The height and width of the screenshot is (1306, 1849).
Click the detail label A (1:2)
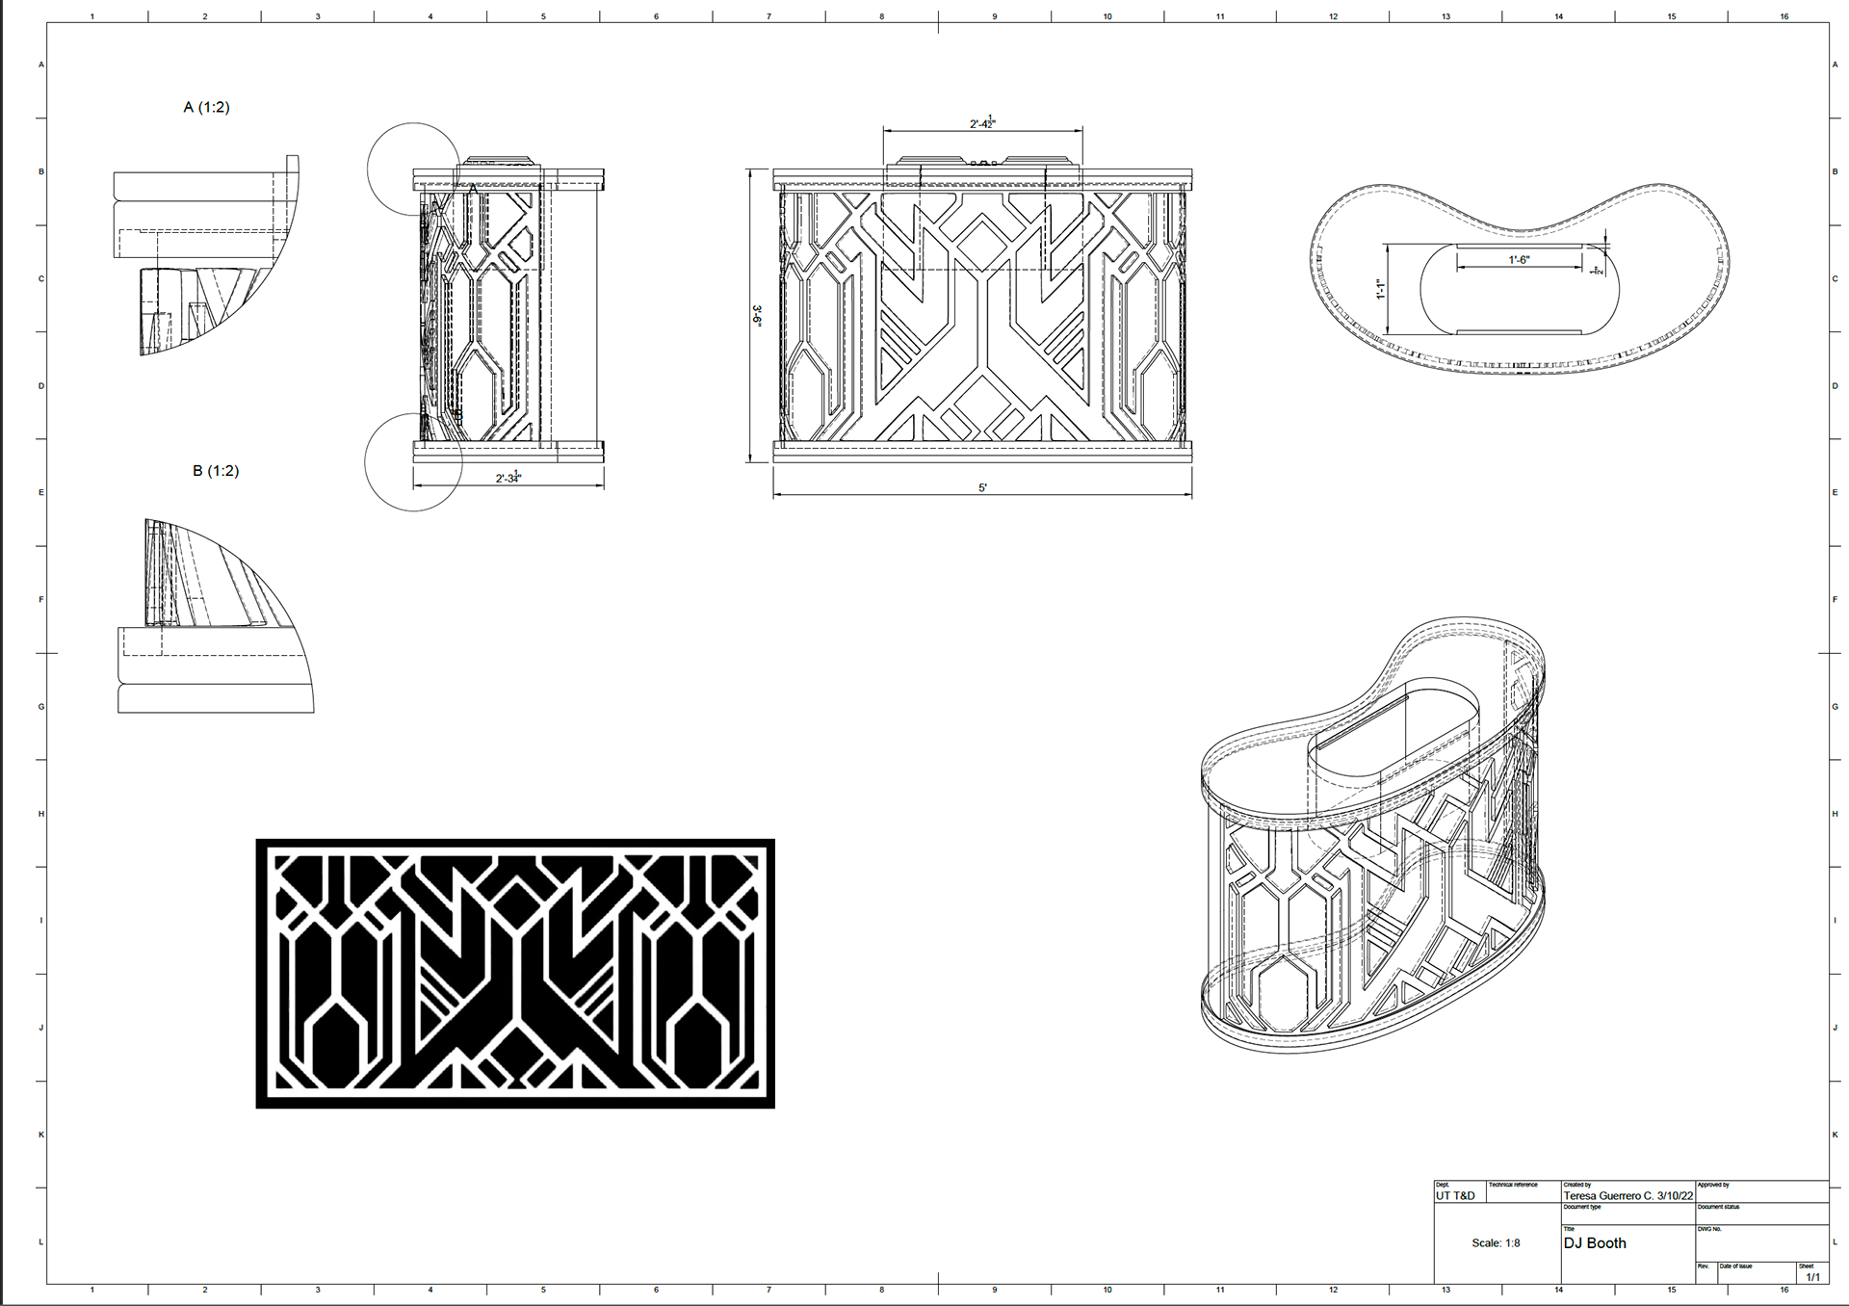point(206,107)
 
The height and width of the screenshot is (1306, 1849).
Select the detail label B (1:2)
point(216,471)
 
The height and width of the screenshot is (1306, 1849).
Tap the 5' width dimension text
point(982,487)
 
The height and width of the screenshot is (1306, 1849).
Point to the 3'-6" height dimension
point(757,316)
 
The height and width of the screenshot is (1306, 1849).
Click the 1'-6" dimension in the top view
point(1519,260)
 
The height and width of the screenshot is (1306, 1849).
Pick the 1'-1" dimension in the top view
point(1380,289)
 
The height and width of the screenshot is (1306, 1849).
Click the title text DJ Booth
point(1595,1243)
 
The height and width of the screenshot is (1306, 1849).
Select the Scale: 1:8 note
point(1496,1243)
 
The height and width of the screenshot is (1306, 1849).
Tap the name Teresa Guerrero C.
point(1607,1196)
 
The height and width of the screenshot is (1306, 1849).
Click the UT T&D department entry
point(1455,1196)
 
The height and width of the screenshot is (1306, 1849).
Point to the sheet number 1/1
point(1812,1277)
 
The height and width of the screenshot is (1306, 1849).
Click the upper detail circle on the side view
point(414,169)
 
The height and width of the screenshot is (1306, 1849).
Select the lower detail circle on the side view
point(413,462)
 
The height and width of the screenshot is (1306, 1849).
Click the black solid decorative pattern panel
point(515,973)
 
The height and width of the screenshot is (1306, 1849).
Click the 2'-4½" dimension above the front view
point(982,123)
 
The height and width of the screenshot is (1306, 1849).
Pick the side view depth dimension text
point(508,478)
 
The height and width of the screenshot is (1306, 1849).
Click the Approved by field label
point(1713,1185)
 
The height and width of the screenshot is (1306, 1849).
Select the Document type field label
point(1582,1207)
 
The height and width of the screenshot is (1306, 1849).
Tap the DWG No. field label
point(1709,1229)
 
